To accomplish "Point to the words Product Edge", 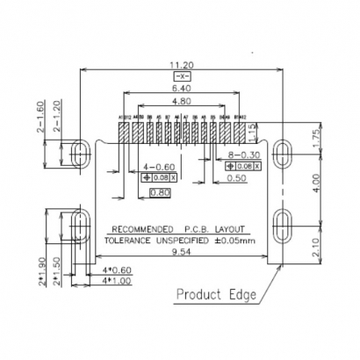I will pyautogui.click(x=216, y=294).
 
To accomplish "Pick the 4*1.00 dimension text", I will pyautogui.click(x=116, y=280).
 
